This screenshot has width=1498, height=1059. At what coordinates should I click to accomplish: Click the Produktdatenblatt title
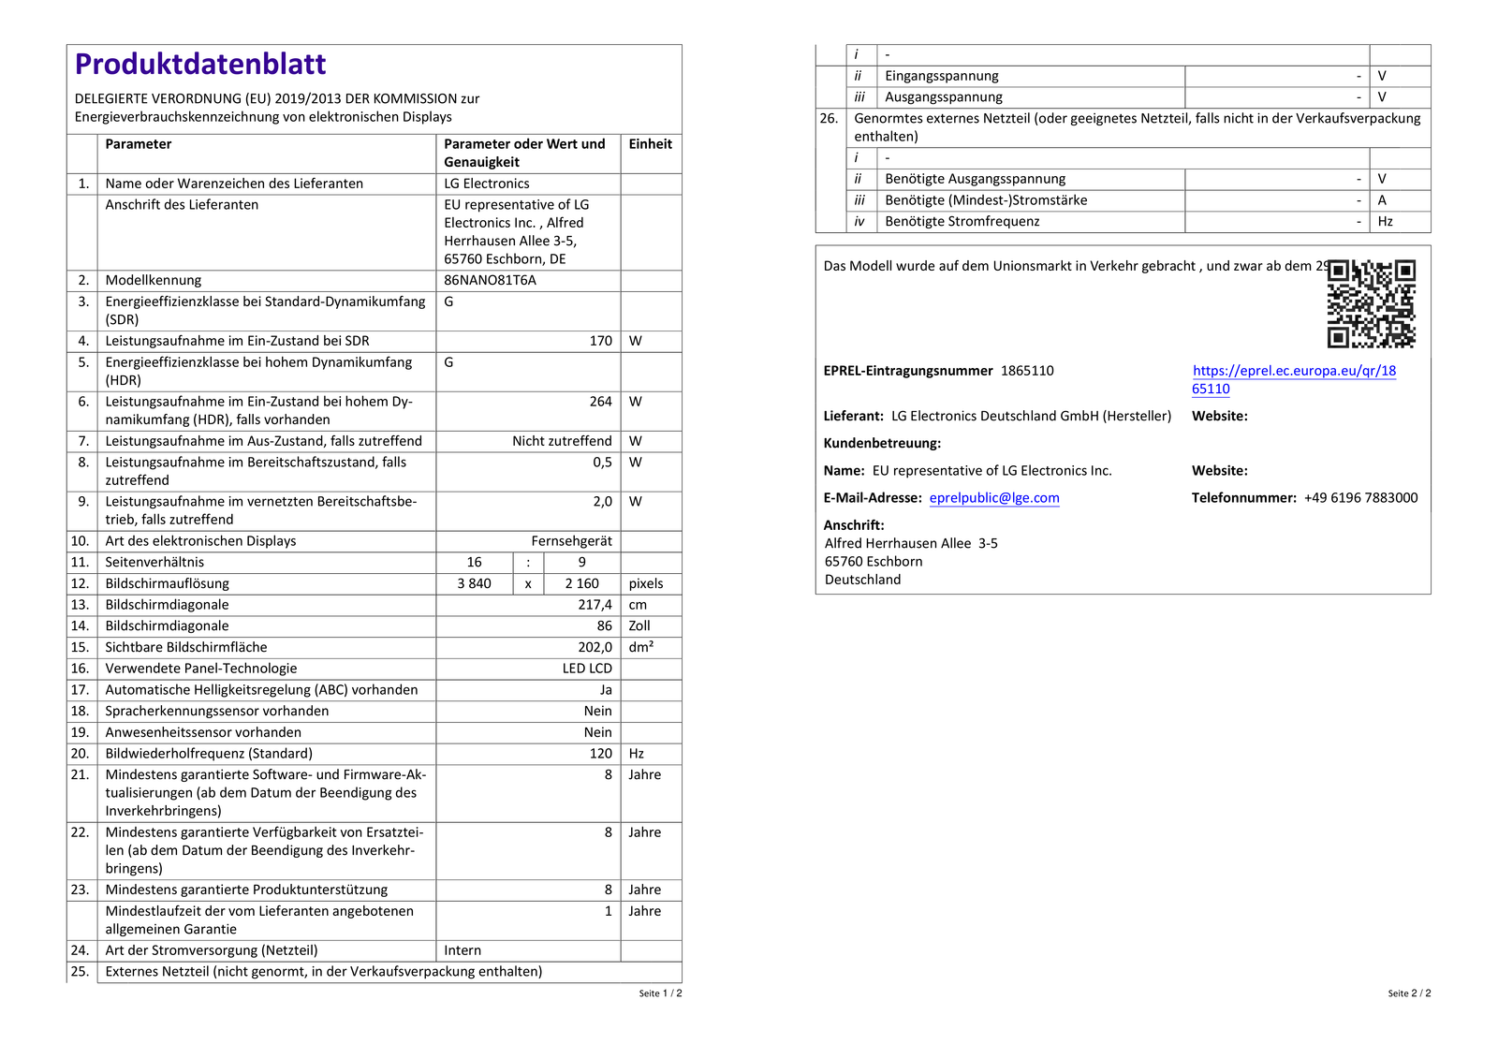click(x=200, y=64)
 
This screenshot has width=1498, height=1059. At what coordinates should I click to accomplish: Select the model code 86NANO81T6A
click(x=490, y=280)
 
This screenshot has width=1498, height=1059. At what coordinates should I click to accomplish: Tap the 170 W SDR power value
click(x=600, y=341)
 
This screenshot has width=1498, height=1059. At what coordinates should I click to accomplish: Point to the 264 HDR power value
click(x=600, y=402)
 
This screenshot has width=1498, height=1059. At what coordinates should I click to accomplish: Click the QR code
click(x=1372, y=303)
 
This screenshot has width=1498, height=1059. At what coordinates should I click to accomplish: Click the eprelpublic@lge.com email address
click(x=994, y=498)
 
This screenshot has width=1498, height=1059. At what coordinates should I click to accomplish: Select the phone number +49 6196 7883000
click(x=1360, y=498)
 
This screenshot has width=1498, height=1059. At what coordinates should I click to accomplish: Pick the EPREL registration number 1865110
click(x=1027, y=371)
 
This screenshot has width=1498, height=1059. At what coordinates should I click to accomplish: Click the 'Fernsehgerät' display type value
click(x=571, y=541)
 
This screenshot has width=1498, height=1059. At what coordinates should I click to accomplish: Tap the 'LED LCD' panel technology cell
click(x=587, y=669)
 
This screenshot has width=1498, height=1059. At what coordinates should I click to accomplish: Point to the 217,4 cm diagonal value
click(x=595, y=605)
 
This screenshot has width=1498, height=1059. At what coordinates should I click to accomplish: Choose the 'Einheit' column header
click(x=651, y=144)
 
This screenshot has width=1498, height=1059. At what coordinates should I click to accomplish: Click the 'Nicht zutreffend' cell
click(x=562, y=441)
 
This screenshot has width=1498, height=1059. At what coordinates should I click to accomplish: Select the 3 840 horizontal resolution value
click(x=474, y=583)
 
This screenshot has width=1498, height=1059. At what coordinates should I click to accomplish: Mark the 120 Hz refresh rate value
click(x=600, y=754)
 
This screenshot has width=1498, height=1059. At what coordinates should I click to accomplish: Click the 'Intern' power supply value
click(x=463, y=950)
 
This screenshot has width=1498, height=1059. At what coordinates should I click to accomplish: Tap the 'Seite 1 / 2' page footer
click(x=660, y=993)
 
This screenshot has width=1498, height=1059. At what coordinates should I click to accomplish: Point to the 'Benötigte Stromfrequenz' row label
click(x=962, y=222)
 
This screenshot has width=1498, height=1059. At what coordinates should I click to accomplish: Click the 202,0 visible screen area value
click(x=595, y=647)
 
